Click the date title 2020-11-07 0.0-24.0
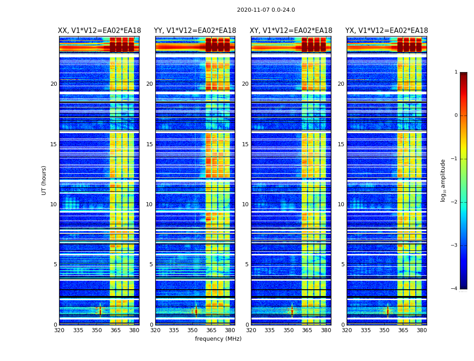(x=266, y=10)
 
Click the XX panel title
(x=99, y=31)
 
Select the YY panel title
(x=195, y=31)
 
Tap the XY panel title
(x=291, y=31)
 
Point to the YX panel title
(x=386, y=31)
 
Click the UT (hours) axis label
(x=44, y=180)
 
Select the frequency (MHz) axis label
(x=218, y=339)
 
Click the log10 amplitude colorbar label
(x=443, y=180)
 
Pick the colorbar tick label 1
(x=455, y=72)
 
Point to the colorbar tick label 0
(x=455, y=116)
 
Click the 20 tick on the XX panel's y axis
(x=54, y=84)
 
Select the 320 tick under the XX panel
(x=59, y=330)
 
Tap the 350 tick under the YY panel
(x=193, y=330)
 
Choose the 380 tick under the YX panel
(x=422, y=330)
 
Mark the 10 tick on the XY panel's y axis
(x=245, y=204)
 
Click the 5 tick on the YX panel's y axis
(x=343, y=264)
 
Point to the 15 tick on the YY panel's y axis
(x=149, y=144)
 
